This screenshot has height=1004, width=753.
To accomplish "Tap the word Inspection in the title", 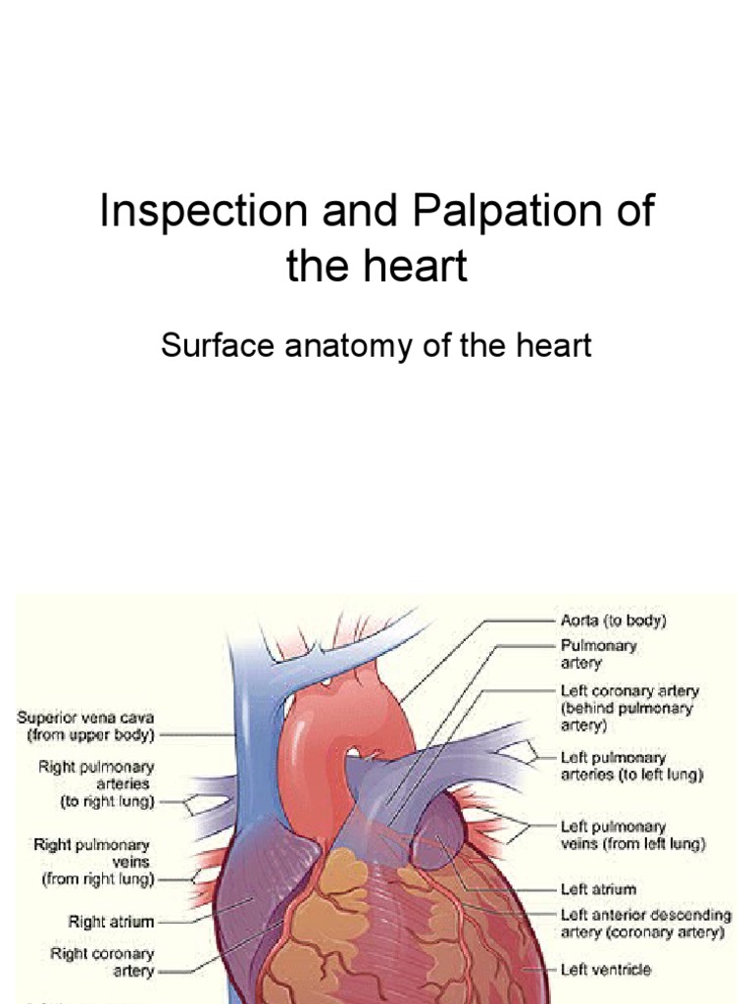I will tap(207, 213).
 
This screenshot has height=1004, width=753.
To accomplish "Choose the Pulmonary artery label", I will tap(598, 655).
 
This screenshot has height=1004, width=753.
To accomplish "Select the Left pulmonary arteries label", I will tap(631, 766).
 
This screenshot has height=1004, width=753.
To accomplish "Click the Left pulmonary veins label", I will tap(632, 834).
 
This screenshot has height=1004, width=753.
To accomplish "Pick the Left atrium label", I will tap(597, 889).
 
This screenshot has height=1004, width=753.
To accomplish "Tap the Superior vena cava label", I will tap(86, 725).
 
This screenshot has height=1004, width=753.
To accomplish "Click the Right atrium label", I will tap(111, 921).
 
